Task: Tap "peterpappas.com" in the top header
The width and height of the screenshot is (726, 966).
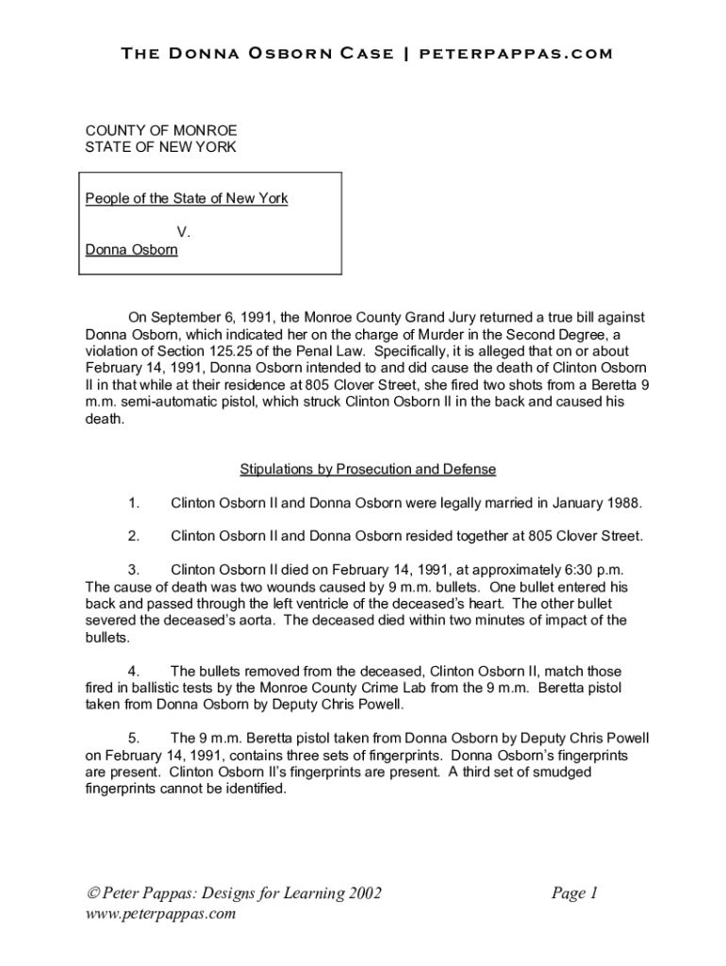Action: pyautogui.click(x=516, y=54)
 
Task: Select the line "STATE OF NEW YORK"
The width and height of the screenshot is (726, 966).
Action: pyautogui.click(x=148, y=147)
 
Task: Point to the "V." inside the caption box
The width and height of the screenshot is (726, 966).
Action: pyautogui.click(x=184, y=232)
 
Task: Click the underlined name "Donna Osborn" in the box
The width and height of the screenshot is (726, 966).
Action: pyautogui.click(x=131, y=250)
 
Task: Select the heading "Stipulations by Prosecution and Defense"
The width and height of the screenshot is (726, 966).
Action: pyautogui.click(x=368, y=469)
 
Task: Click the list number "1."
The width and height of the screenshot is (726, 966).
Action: pyautogui.click(x=134, y=503)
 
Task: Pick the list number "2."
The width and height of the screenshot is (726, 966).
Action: pyautogui.click(x=134, y=536)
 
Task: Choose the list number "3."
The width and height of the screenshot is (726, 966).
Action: pyautogui.click(x=134, y=570)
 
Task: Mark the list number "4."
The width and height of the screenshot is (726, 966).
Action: pyautogui.click(x=134, y=671)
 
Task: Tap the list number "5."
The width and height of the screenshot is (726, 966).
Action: pyautogui.click(x=134, y=738)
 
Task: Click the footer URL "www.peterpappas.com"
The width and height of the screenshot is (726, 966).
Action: pyautogui.click(x=159, y=914)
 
